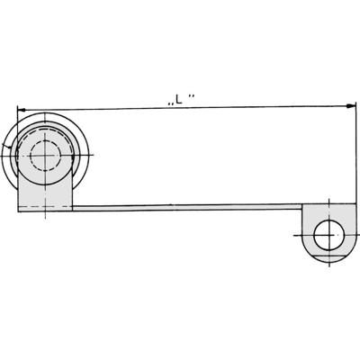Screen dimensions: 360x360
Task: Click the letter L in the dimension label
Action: tap(178, 101)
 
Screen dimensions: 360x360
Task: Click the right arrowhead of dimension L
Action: tap(352, 106)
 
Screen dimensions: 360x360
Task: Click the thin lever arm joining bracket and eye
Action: tap(180, 207)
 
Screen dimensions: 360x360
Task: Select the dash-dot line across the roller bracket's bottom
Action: tap(36, 207)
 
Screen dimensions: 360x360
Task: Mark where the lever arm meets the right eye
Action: tap(302, 207)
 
